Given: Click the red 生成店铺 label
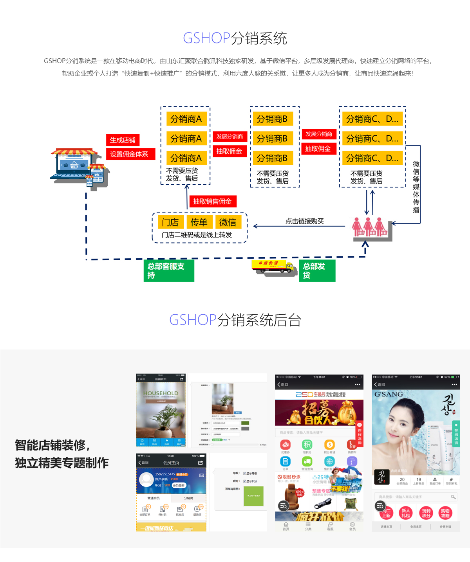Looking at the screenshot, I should pyautogui.click(x=123, y=140).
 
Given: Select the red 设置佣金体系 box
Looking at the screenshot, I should pyautogui.click(x=130, y=154).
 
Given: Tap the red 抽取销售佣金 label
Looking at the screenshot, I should pyautogui.click(x=212, y=202).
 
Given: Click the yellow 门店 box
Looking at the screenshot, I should pyautogui.click(x=170, y=222).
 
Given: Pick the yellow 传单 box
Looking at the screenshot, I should pyautogui.click(x=199, y=222).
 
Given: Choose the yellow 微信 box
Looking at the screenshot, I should pyautogui.click(x=228, y=222).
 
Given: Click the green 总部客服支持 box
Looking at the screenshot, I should pyautogui.click(x=169, y=270).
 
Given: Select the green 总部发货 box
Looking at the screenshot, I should pyautogui.click(x=317, y=270).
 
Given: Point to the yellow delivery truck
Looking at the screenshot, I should pyautogui.click(x=273, y=267).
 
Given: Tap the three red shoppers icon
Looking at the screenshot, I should pyautogui.click(x=370, y=227).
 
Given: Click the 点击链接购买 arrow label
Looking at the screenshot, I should pyautogui.click(x=304, y=221).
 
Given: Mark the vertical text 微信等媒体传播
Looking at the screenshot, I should pyautogui.click(x=416, y=187).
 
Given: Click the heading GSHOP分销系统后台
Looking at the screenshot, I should pyautogui.click(x=235, y=320).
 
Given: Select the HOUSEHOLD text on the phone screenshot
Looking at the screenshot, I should pyautogui.click(x=161, y=393).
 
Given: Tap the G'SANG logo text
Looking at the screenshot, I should pyautogui.click(x=389, y=394).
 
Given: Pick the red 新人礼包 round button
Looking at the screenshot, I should pyautogui.click(x=406, y=513).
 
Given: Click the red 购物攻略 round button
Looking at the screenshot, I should pyautogui.click(x=445, y=513).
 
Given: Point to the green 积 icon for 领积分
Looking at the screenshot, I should pyautogui.click(x=307, y=445).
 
